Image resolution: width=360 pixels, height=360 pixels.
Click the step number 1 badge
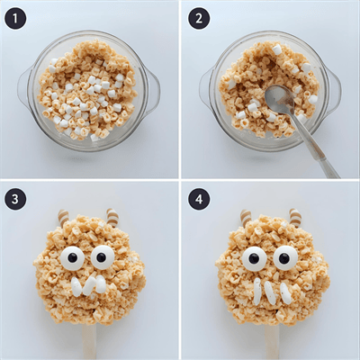15,19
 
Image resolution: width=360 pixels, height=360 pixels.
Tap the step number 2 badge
199,19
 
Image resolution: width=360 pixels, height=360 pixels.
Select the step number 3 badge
15,199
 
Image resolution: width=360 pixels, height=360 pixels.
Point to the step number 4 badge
199,199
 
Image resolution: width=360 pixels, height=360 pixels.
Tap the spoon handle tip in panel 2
337,175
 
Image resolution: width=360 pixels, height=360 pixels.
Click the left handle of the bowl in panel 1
24,87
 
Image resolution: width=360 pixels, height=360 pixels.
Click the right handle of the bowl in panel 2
334,89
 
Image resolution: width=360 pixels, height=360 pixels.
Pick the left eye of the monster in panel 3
72,257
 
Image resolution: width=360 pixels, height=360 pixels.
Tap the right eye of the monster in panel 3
103,257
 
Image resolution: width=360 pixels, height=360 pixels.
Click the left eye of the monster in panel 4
255,258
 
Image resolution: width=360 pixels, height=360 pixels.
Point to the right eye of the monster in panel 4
285,258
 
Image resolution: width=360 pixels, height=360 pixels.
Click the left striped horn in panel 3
64,218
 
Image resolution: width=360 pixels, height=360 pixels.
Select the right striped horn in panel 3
112,218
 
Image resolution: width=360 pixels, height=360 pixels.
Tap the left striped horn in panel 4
246,218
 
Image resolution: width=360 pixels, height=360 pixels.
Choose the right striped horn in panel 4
295,218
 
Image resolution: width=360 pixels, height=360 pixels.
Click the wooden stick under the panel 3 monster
90,341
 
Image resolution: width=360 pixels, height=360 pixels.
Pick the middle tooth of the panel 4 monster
270,292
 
